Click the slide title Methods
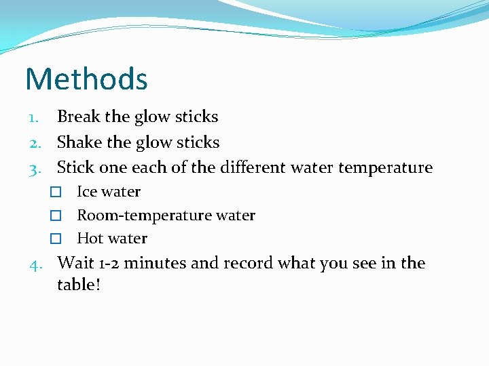pos(86,79)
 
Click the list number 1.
pos(37,117)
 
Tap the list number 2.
pos(37,143)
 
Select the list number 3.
pos(37,168)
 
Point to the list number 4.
pos(37,264)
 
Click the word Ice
pos(86,192)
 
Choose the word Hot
pos(89,239)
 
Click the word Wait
pos(75,262)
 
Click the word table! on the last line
pos(79,285)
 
